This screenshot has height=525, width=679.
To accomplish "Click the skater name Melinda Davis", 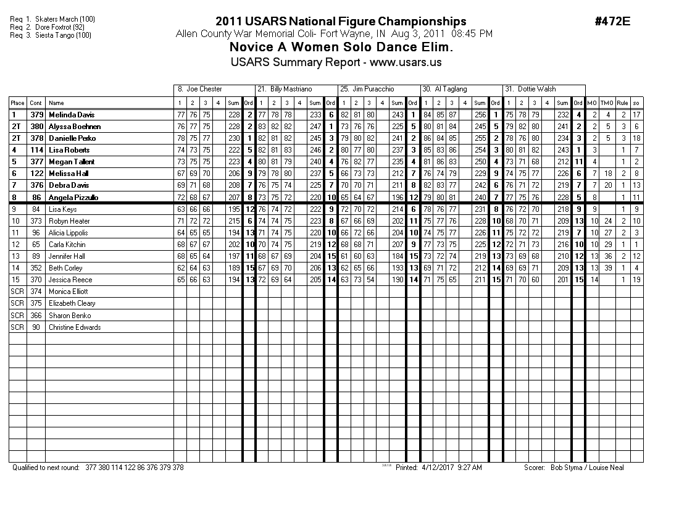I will tap(72, 115).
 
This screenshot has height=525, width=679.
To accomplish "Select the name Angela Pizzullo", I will tap(73, 198).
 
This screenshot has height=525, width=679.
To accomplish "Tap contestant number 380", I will tap(36, 127).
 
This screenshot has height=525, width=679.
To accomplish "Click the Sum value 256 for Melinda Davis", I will tap(480, 115).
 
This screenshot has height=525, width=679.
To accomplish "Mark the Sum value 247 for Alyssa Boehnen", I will tap(315, 127).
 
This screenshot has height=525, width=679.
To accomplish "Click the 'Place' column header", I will tap(17, 103).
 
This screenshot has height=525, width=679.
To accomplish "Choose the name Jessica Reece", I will tap(70, 280).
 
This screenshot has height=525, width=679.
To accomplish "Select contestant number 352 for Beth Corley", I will tap(36, 268).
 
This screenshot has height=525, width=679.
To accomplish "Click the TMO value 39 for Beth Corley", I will tap(608, 268).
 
